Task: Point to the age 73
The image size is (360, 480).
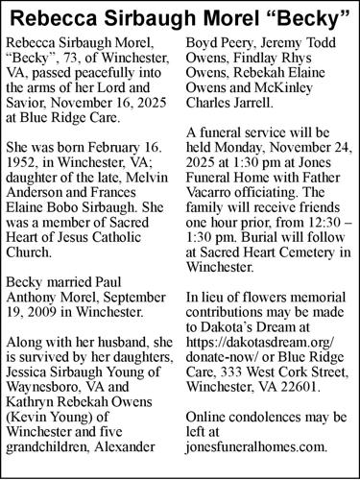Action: pyautogui.click(x=76, y=61)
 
